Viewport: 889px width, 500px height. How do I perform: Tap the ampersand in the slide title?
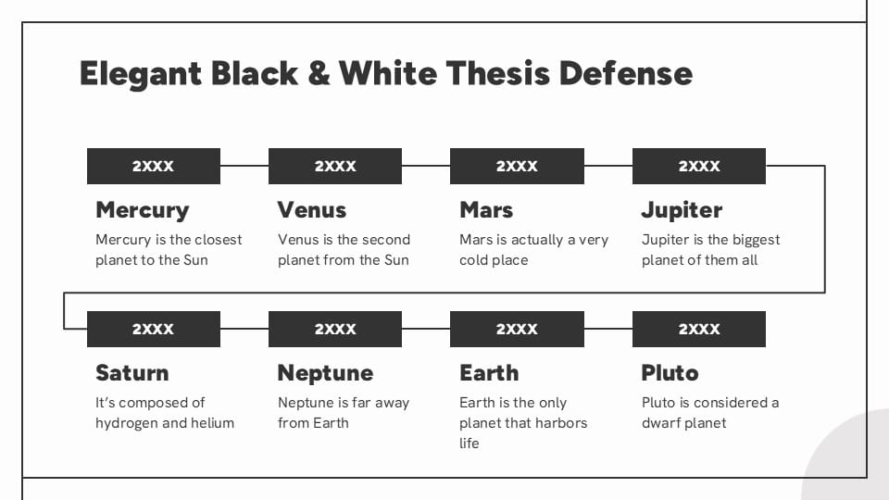click(x=318, y=73)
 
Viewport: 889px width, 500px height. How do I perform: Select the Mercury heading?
click(x=142, y=210)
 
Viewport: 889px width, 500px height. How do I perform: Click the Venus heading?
click(x=312, y=210)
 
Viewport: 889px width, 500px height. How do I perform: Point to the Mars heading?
click(x=486, y=210)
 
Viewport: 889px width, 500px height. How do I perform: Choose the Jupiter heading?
click(x=682, y=210)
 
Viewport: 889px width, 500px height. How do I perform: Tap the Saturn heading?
click(x=131, y=373)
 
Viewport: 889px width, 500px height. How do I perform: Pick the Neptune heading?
click(x=325, y=373)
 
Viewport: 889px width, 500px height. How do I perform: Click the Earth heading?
click(x=489, y=373)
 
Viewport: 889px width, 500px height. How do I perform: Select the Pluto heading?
click(x=670, y=373)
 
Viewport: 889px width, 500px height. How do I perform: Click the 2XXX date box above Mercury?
click(x=154, y=167)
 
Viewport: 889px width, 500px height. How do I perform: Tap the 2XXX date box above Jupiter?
click(x=699, y=167)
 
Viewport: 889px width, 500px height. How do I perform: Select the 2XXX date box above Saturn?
click(x=154, y=330)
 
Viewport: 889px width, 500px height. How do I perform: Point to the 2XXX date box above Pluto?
click(x=699, y=330)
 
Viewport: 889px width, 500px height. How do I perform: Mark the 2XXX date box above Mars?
click(x=517, y=167)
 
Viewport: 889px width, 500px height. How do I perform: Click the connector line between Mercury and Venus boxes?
click(x=244, y=167)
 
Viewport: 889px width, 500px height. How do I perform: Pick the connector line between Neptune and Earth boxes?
click(x=426, y=330)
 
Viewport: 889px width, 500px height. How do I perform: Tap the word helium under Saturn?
click(x=213, y=423)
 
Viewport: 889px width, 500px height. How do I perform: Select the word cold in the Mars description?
click(x=474, y=260)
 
